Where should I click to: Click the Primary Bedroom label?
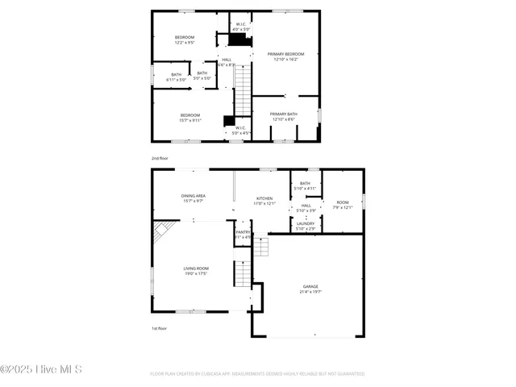coord(285,56)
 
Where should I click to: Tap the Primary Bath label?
coord(283,117)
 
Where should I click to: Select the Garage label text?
coord(310,289)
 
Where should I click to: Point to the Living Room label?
coord(196,271)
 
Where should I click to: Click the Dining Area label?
coord(193,198)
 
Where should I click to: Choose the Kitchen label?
coord(264,201)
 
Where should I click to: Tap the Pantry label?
coord(243,235)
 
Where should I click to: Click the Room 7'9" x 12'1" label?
coord(343,205)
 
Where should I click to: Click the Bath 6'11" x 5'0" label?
coord(176,77)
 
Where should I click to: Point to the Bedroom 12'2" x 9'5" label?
coord(185,40)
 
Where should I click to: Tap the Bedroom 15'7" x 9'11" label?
coord(190,118)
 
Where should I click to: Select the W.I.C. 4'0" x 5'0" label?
coord(240,27)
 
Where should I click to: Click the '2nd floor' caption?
coord(160,159)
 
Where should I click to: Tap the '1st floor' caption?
coord(160,329)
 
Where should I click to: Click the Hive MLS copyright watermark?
coord(41,370)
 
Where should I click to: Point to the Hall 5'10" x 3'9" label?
coord(306,208)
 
